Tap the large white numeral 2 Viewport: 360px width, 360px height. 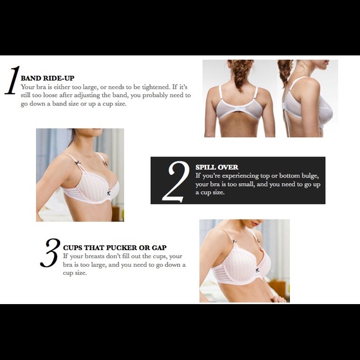coord(176,181)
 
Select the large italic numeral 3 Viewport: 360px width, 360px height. coord(50,253)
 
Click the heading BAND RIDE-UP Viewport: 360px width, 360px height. coord(48,78)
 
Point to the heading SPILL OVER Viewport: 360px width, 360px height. coord(217,167)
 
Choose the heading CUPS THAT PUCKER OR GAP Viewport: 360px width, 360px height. coord(115,248)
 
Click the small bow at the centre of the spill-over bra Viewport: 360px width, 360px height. coord(109,193)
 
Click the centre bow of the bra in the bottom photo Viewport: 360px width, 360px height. coord(258,270)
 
